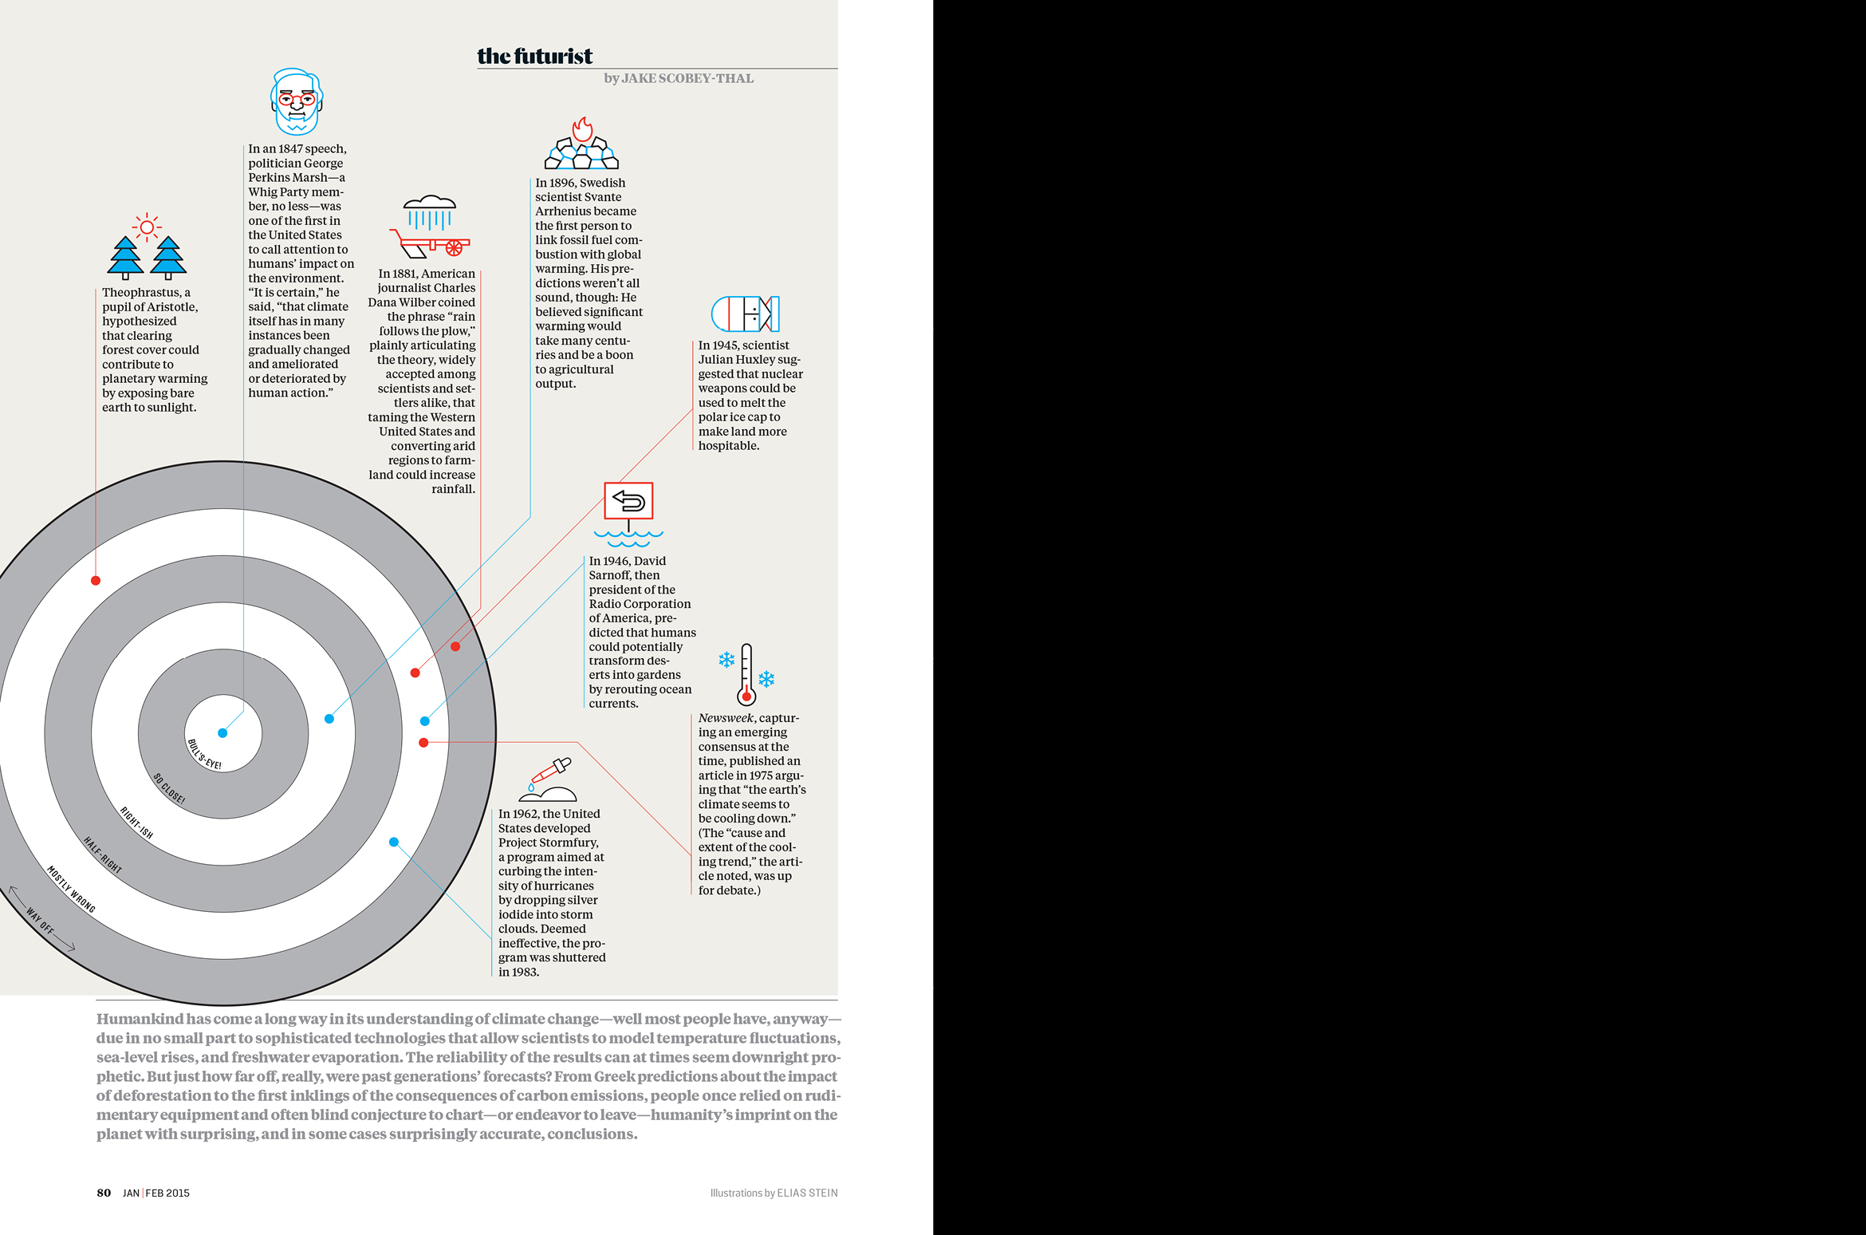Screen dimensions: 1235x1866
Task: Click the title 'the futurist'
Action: coord(534,56)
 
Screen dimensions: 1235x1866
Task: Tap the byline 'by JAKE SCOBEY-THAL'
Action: coord(678,78)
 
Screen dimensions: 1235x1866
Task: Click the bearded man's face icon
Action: coord(296,102)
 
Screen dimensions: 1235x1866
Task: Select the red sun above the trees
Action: coord(147,227)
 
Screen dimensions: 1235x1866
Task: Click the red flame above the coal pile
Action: coord(582,129)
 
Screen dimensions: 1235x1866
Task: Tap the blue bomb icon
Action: coord(745,314)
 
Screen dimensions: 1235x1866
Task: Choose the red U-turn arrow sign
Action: coord(628,501)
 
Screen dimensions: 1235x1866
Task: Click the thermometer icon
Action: coord(746,674)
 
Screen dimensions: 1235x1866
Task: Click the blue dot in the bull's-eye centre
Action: coord(222,733)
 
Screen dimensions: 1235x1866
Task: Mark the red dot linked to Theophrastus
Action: coord(96,581)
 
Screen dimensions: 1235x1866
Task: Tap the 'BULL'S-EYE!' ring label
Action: coord(204,755)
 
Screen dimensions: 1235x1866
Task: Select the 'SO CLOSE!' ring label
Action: coord(169,789)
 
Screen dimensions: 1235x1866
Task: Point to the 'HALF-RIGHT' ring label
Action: coord(103,855)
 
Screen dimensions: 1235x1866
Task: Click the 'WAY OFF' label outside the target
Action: coord(40,920)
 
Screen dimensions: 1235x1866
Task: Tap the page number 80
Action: coord(104,1193)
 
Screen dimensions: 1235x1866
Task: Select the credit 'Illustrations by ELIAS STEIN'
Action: coord(774,1193)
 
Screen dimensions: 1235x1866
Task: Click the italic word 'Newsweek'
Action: coord(725,718)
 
